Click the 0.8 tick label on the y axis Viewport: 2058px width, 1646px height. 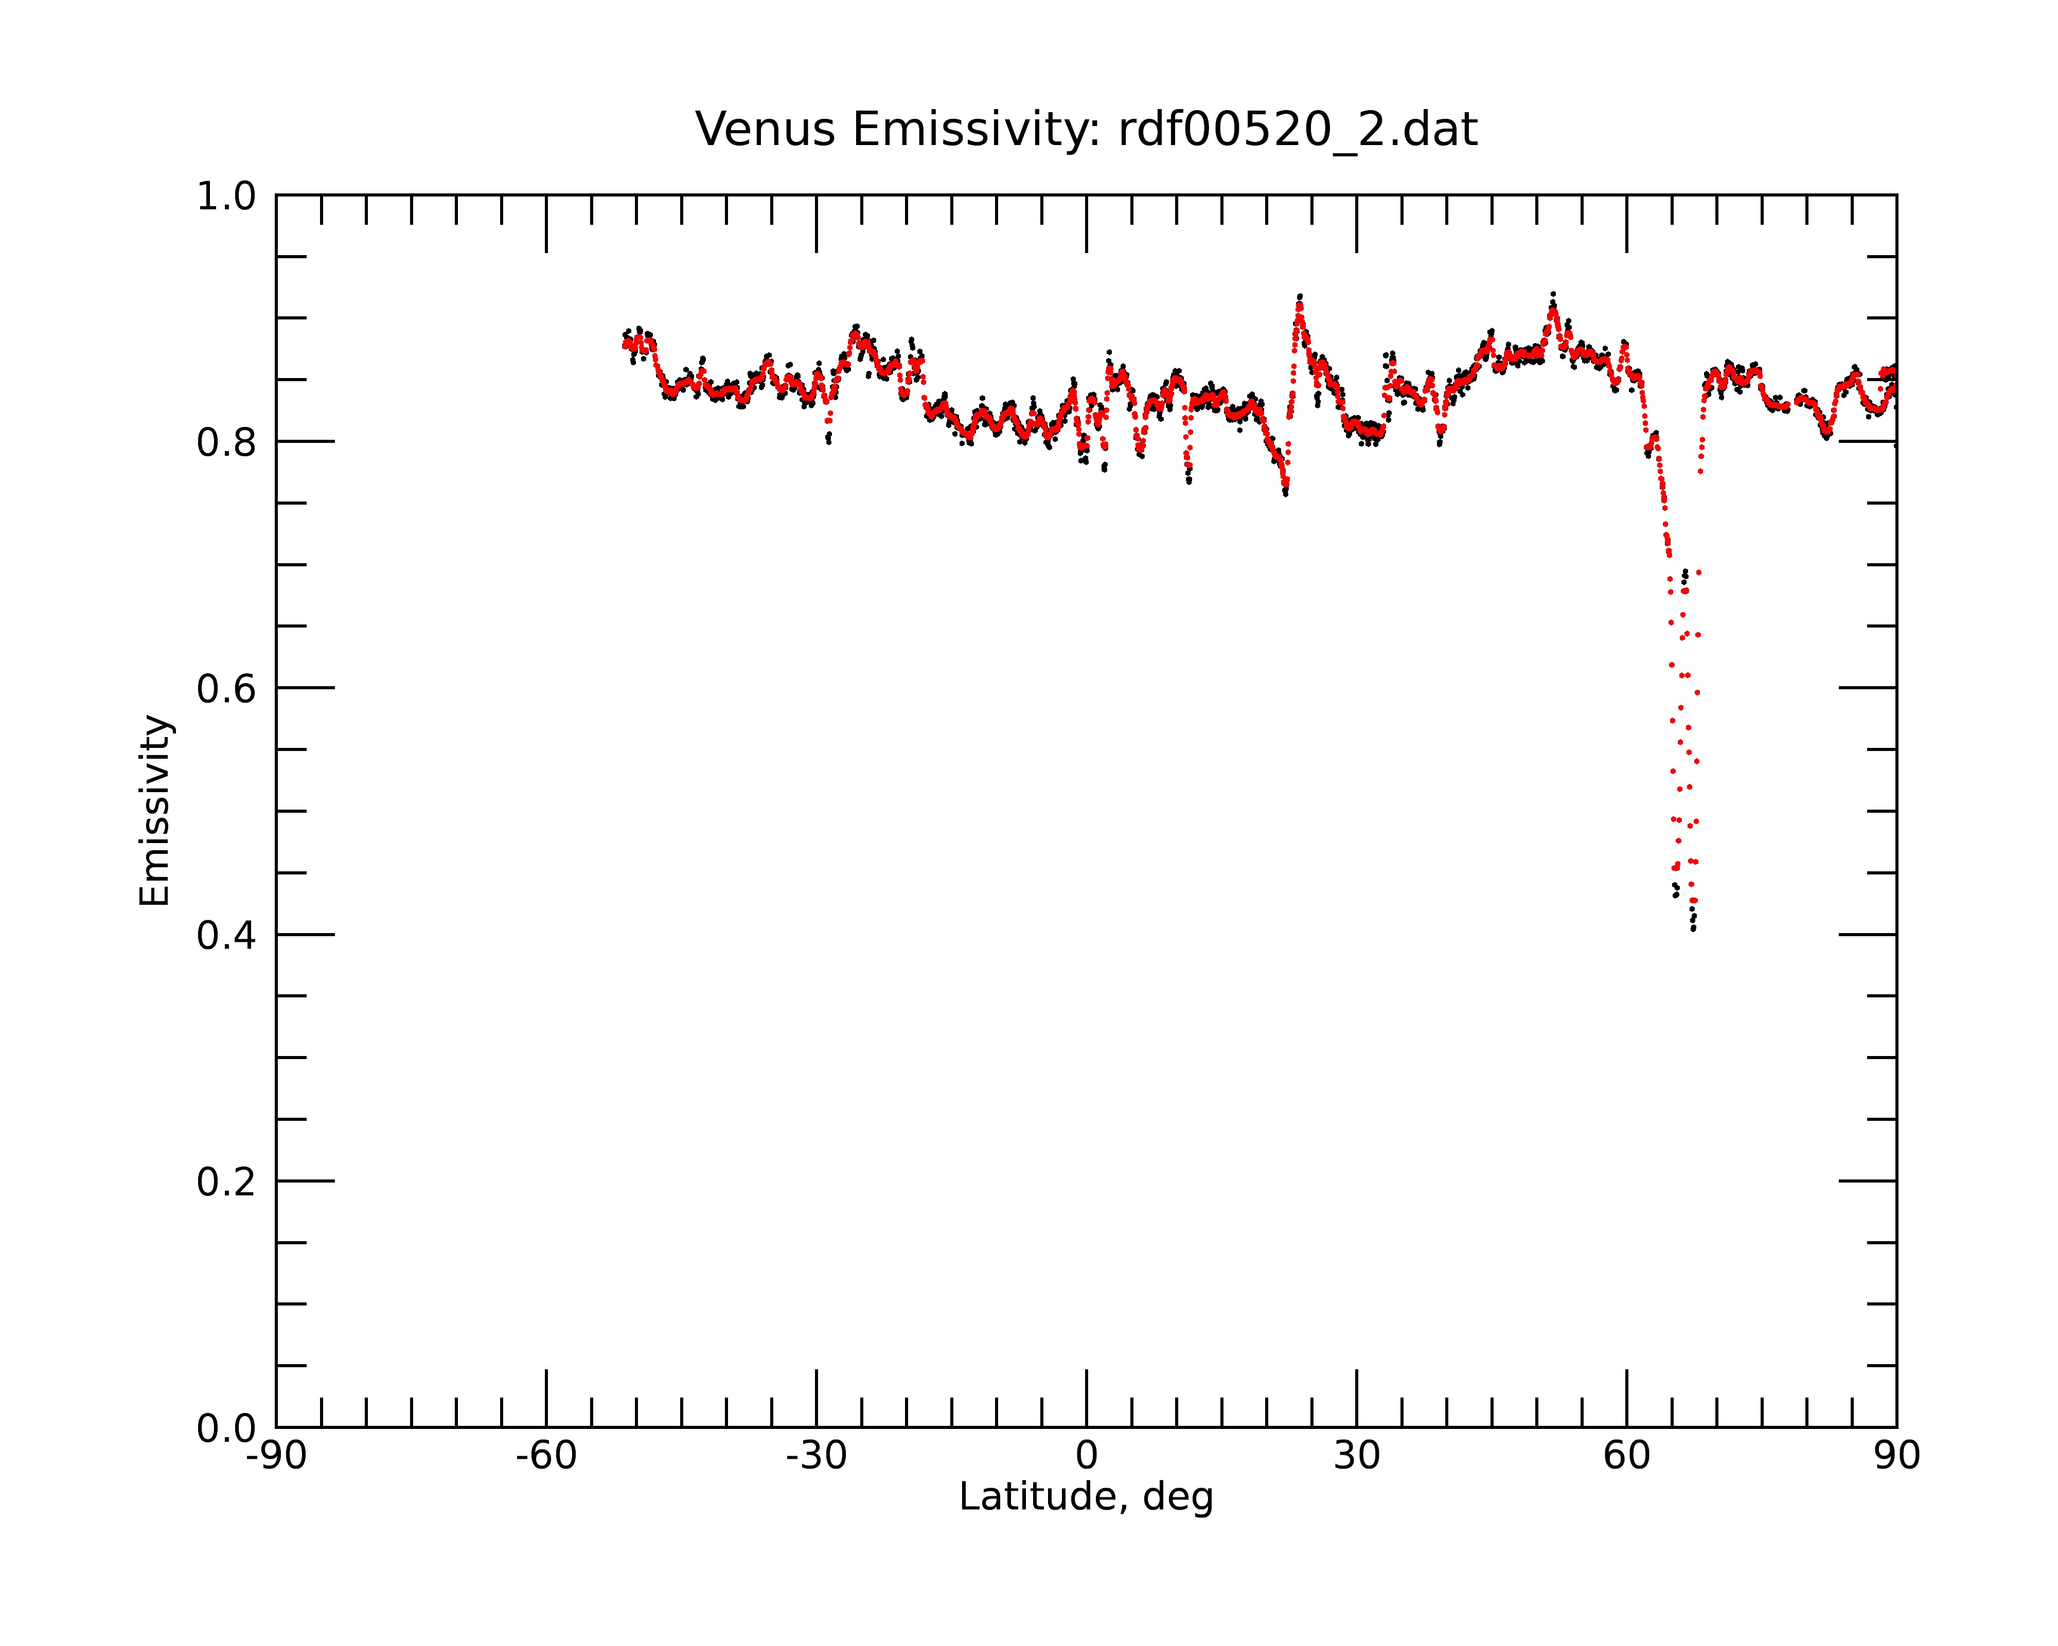click(x=226, y=443)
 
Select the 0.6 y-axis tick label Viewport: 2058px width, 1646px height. click(x=226, y=689)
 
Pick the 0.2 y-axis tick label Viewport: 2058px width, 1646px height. click(x=226, y=1182)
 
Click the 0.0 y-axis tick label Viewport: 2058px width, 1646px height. click(x=226, y=1428)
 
